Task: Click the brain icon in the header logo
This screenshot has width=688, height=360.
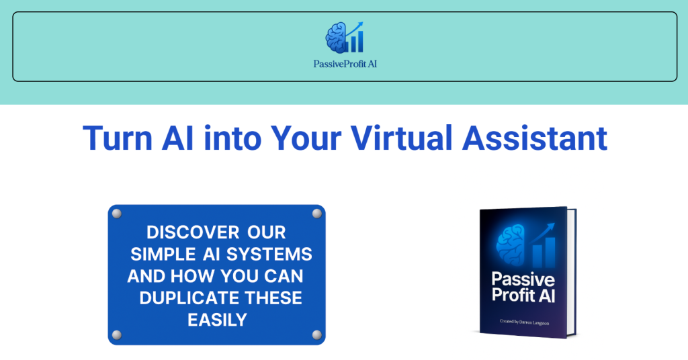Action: pyautogui.click(x=336, y=38)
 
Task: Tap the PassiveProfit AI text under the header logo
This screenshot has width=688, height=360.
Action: pyautogui.click(x=345, y=65)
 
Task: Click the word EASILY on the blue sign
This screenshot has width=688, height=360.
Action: pyautogui.click(x=217, y=320)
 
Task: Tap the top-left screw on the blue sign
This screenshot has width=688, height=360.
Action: pyautogui.click(x=116, y=214)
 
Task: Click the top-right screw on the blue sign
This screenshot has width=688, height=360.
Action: pyautogui.click(x=316, y=214)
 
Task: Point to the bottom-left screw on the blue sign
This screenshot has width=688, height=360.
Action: pyautogui.click(x=116, y=334)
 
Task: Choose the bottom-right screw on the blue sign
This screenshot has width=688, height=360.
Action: pyautogui.click(x=316, y=334)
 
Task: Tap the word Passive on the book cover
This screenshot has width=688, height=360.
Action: pyautogui.click(x=523, y=279)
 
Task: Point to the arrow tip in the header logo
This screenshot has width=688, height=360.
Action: pyautogui.click(x=361, y=25)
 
